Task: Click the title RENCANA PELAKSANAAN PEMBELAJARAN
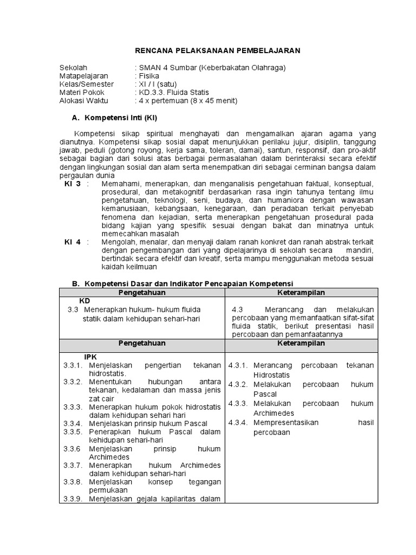click(217, 50)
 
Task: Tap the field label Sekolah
click(73, 68)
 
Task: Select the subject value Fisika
click(149, 76)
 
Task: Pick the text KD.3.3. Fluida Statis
click(174, 93)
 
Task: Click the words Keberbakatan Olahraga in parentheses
click(242, 68)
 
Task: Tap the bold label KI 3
click(73, 184)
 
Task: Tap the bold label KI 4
click(73, 242)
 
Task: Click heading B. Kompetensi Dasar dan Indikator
click(183, 283)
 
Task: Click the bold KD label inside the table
click(85, 300)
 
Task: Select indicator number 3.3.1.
click(72, 365)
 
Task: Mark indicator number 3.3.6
click(71, 449)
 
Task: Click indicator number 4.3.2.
click(238, 384)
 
